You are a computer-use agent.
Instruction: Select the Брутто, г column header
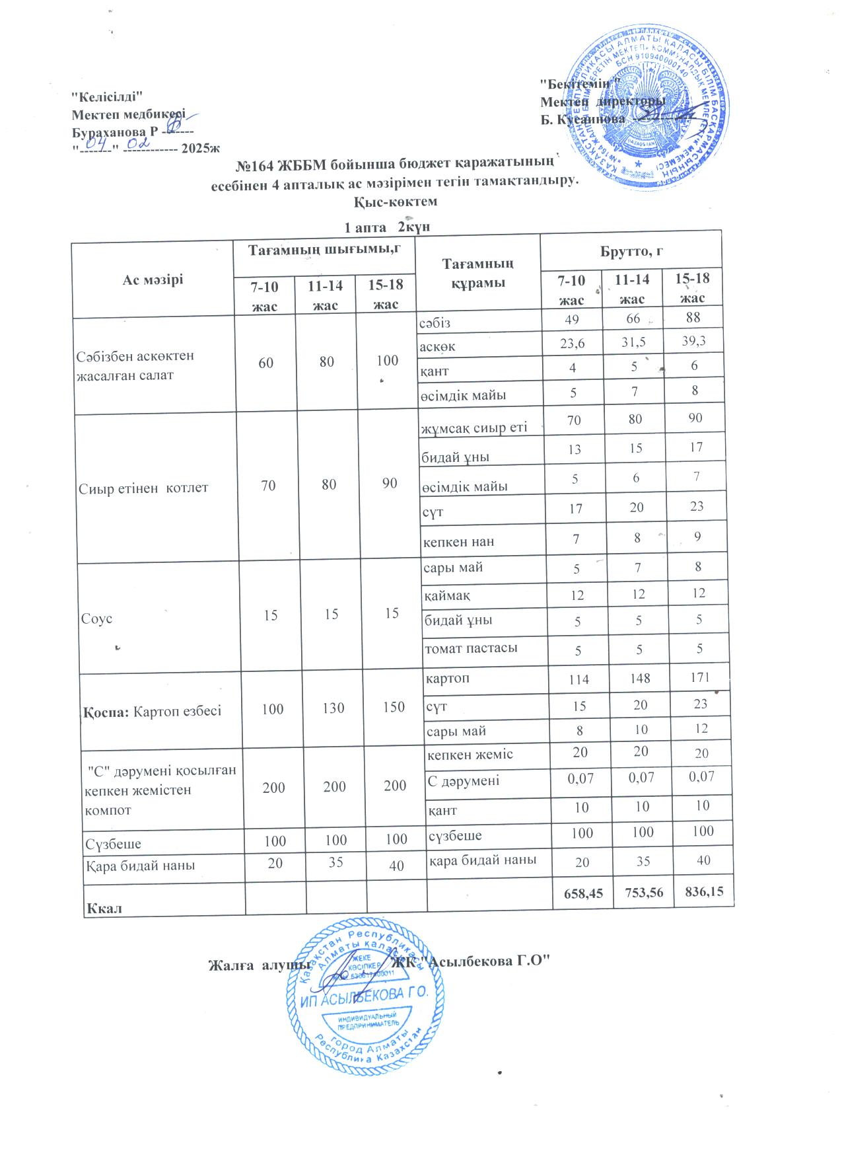pos(631,251)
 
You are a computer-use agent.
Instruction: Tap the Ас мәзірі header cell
pos(153,280)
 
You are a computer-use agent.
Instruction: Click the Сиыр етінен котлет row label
pos(143,488)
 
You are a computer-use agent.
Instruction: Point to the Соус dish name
pos(96,618)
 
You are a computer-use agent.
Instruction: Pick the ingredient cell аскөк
pos(438,346)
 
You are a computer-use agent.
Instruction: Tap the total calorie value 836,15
pos(704,891)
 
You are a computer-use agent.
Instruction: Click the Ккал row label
pos(104,908)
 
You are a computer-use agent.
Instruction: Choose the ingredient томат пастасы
pos(471,648)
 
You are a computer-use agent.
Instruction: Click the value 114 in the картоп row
pos(579,679)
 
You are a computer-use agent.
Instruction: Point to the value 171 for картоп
pos(700,677)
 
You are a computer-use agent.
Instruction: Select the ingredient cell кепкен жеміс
pos(470,755)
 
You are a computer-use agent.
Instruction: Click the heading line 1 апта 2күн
pos(387,227)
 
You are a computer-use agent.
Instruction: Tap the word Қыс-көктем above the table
pos(396,202)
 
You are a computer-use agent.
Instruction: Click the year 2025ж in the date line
pos(201,148)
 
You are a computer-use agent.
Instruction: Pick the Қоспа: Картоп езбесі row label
pos(153,712)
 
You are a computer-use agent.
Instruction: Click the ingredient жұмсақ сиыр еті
pos(474,428)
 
